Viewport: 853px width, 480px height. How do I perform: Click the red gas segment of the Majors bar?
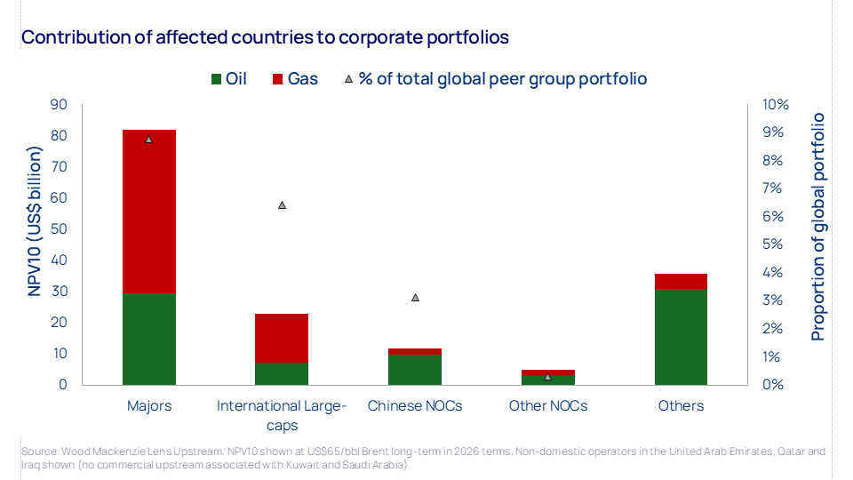(148, 211)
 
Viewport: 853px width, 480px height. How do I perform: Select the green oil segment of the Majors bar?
(148, 339)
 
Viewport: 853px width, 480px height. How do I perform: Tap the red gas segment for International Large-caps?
(282, 338)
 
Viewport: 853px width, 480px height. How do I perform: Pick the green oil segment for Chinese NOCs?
(415, 370)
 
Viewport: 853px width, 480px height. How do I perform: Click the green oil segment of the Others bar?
(682, 337)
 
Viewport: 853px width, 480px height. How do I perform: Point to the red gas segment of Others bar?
(682, 281)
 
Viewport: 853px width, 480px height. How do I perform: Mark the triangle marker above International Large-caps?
(282, 204)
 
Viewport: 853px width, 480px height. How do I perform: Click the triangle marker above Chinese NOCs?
(415, 297)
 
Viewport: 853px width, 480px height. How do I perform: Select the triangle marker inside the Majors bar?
(148, 140)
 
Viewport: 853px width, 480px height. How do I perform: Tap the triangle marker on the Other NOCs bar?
(547, 376)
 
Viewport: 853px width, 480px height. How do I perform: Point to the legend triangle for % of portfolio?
(348, 79)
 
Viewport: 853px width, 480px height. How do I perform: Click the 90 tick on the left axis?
(59, 105)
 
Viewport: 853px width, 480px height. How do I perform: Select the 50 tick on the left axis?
(59, 229)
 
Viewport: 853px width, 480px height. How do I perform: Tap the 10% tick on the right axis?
(776, 105)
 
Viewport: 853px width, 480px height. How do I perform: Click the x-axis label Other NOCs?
(547, 406)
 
